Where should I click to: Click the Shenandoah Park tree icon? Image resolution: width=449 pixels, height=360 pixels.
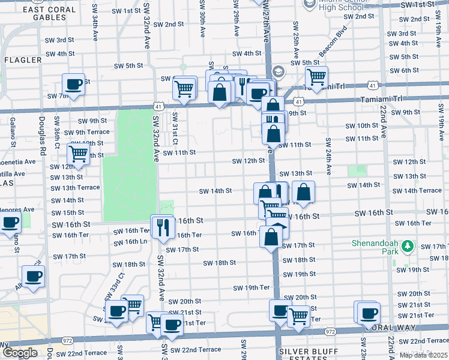(408, 246)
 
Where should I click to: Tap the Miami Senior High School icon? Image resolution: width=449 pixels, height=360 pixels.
(309, 4)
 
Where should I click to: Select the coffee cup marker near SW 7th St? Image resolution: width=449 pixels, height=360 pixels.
(73, 84)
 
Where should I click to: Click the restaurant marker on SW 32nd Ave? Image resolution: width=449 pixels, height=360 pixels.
(162, 226)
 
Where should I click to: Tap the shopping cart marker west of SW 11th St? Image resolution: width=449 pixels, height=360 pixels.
(78, 154)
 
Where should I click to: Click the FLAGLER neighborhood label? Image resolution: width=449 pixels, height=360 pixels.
(23, 60)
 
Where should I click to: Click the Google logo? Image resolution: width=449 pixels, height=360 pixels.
(20, 353)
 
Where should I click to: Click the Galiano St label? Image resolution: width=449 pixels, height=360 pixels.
(12, 132)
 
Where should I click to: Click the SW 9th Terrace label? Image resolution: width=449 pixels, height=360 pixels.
(87, 132)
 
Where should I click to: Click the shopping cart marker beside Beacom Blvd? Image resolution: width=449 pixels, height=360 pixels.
(316, 76)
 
